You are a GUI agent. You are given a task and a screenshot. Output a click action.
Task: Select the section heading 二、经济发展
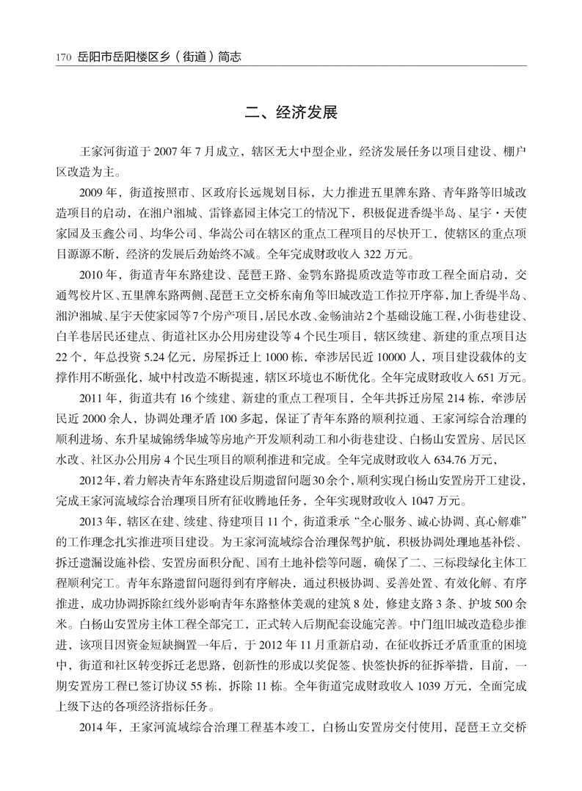[291, 114]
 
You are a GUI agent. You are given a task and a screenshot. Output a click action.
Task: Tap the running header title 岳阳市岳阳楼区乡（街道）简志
[159, 56]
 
